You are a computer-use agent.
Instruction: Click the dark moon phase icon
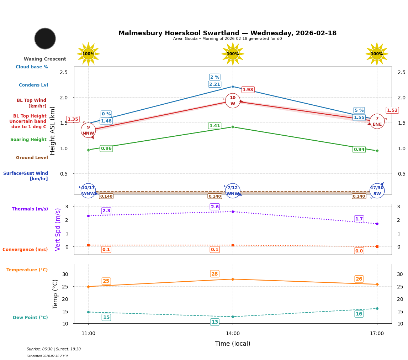point(45,38)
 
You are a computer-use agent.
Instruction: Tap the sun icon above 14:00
point(233,54)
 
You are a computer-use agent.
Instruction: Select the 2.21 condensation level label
point(214,84)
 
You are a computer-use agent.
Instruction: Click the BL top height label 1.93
point(248,90)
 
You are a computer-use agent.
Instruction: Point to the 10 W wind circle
point(233,101)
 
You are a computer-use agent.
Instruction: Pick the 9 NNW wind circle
point(88,130)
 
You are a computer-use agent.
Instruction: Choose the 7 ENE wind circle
point(377,121)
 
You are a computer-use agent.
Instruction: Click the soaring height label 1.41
point(214,126)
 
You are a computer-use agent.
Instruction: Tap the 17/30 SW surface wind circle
point(377,191)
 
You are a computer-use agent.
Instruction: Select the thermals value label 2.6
point(214,207)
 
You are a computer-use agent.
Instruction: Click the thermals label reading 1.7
point(359,219)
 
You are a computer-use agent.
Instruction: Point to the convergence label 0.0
point(359,251)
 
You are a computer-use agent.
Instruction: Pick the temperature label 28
point(214,274)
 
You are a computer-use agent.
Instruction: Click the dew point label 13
point(214,322)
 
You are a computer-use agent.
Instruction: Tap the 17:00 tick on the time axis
point(377,334)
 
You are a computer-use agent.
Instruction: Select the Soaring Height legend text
point(28,140)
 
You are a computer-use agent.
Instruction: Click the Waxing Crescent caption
point(45,59)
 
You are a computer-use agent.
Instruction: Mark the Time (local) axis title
point(233,344)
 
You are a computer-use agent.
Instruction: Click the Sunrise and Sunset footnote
point(54,349)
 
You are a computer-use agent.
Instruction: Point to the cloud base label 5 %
point(359,110)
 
